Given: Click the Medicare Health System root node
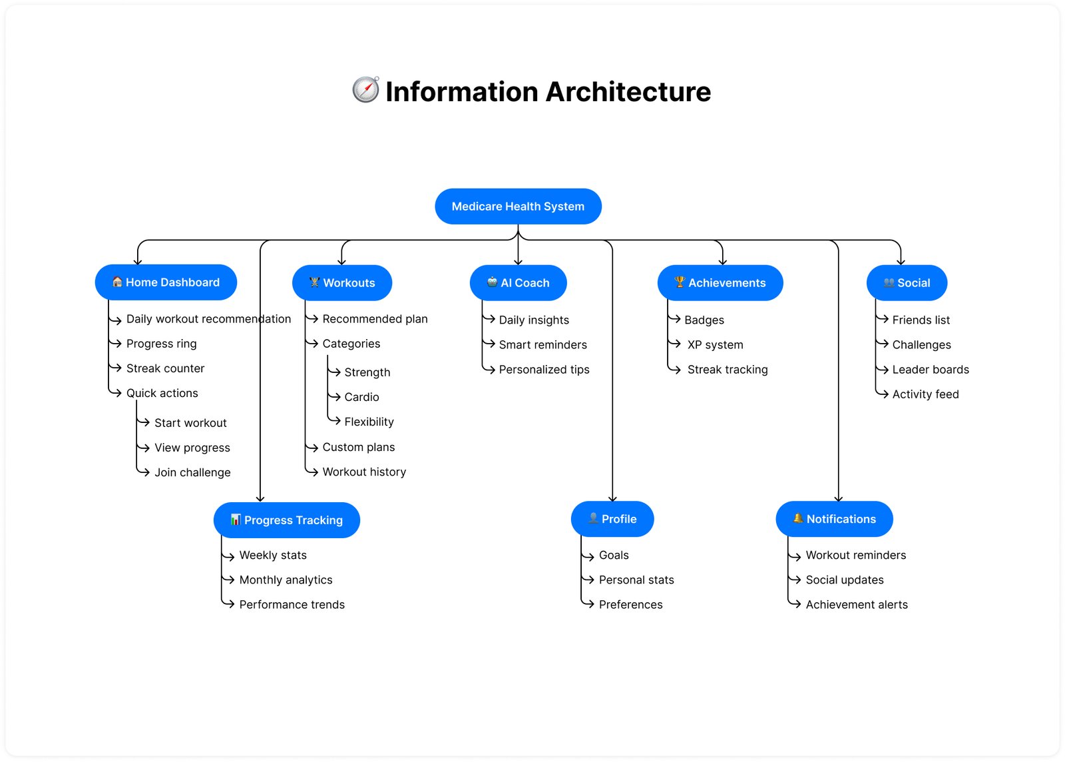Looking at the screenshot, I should click(x=518, y=206).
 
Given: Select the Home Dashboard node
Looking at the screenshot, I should click(x=166, y=282).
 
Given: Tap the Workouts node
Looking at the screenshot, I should click(x=342, y=283).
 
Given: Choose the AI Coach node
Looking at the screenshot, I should click(x=518, y=283).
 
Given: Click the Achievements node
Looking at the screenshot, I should click(x=720, y=283).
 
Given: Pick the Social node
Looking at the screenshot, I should click(x=907, y=283).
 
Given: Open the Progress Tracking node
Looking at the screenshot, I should click(x=286, y=520).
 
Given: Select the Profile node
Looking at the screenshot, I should click(x=612, y=519).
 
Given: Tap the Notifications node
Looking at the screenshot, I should click(x=834, y=519).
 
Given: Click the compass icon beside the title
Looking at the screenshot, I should click(x=365, y=90).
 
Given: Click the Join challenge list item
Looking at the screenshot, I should click(x=192, y=472).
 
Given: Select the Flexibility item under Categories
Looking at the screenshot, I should click(x=369, y=422).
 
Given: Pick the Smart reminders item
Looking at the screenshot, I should click(x=542, y=344).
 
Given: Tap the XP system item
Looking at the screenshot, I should click(x=715, y=344).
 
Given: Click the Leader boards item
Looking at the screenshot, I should click(x=930, y=370).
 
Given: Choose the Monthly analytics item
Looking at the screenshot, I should click(x=286, y=579).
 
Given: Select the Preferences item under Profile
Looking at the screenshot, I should click(x=630, y=605).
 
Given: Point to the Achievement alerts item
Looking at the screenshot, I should click(x=856, y=605).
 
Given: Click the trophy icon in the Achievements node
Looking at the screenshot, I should click(x=679, y=282).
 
